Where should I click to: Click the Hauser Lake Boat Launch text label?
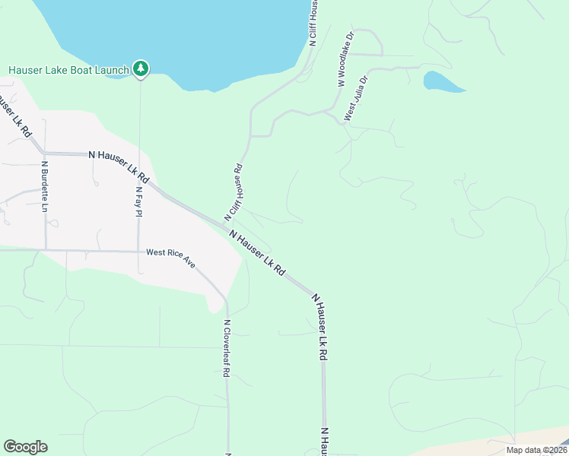click(68, 70)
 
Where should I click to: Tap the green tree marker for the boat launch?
click(140, 68)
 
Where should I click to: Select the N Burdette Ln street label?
click(45, 186)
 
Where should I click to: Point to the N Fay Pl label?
click(139, 201)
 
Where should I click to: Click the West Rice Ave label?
click(170, 258)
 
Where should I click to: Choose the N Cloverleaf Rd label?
click(227, 349)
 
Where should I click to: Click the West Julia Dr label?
click(356, 98)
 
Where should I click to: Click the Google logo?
click(25, 447)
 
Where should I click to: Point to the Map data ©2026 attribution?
click(536, 450)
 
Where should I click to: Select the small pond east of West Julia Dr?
click(442, 81)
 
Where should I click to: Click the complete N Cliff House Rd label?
click(233, 193)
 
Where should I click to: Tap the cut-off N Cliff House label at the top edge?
click(313, 23)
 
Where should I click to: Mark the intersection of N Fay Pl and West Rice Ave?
click(139, 252)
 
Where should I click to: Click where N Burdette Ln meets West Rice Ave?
click(46, 249)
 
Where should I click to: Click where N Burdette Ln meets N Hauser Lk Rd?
click(44, 153)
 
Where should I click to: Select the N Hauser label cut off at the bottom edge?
click(323, 442)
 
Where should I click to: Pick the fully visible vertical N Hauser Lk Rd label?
click(321, 328)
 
